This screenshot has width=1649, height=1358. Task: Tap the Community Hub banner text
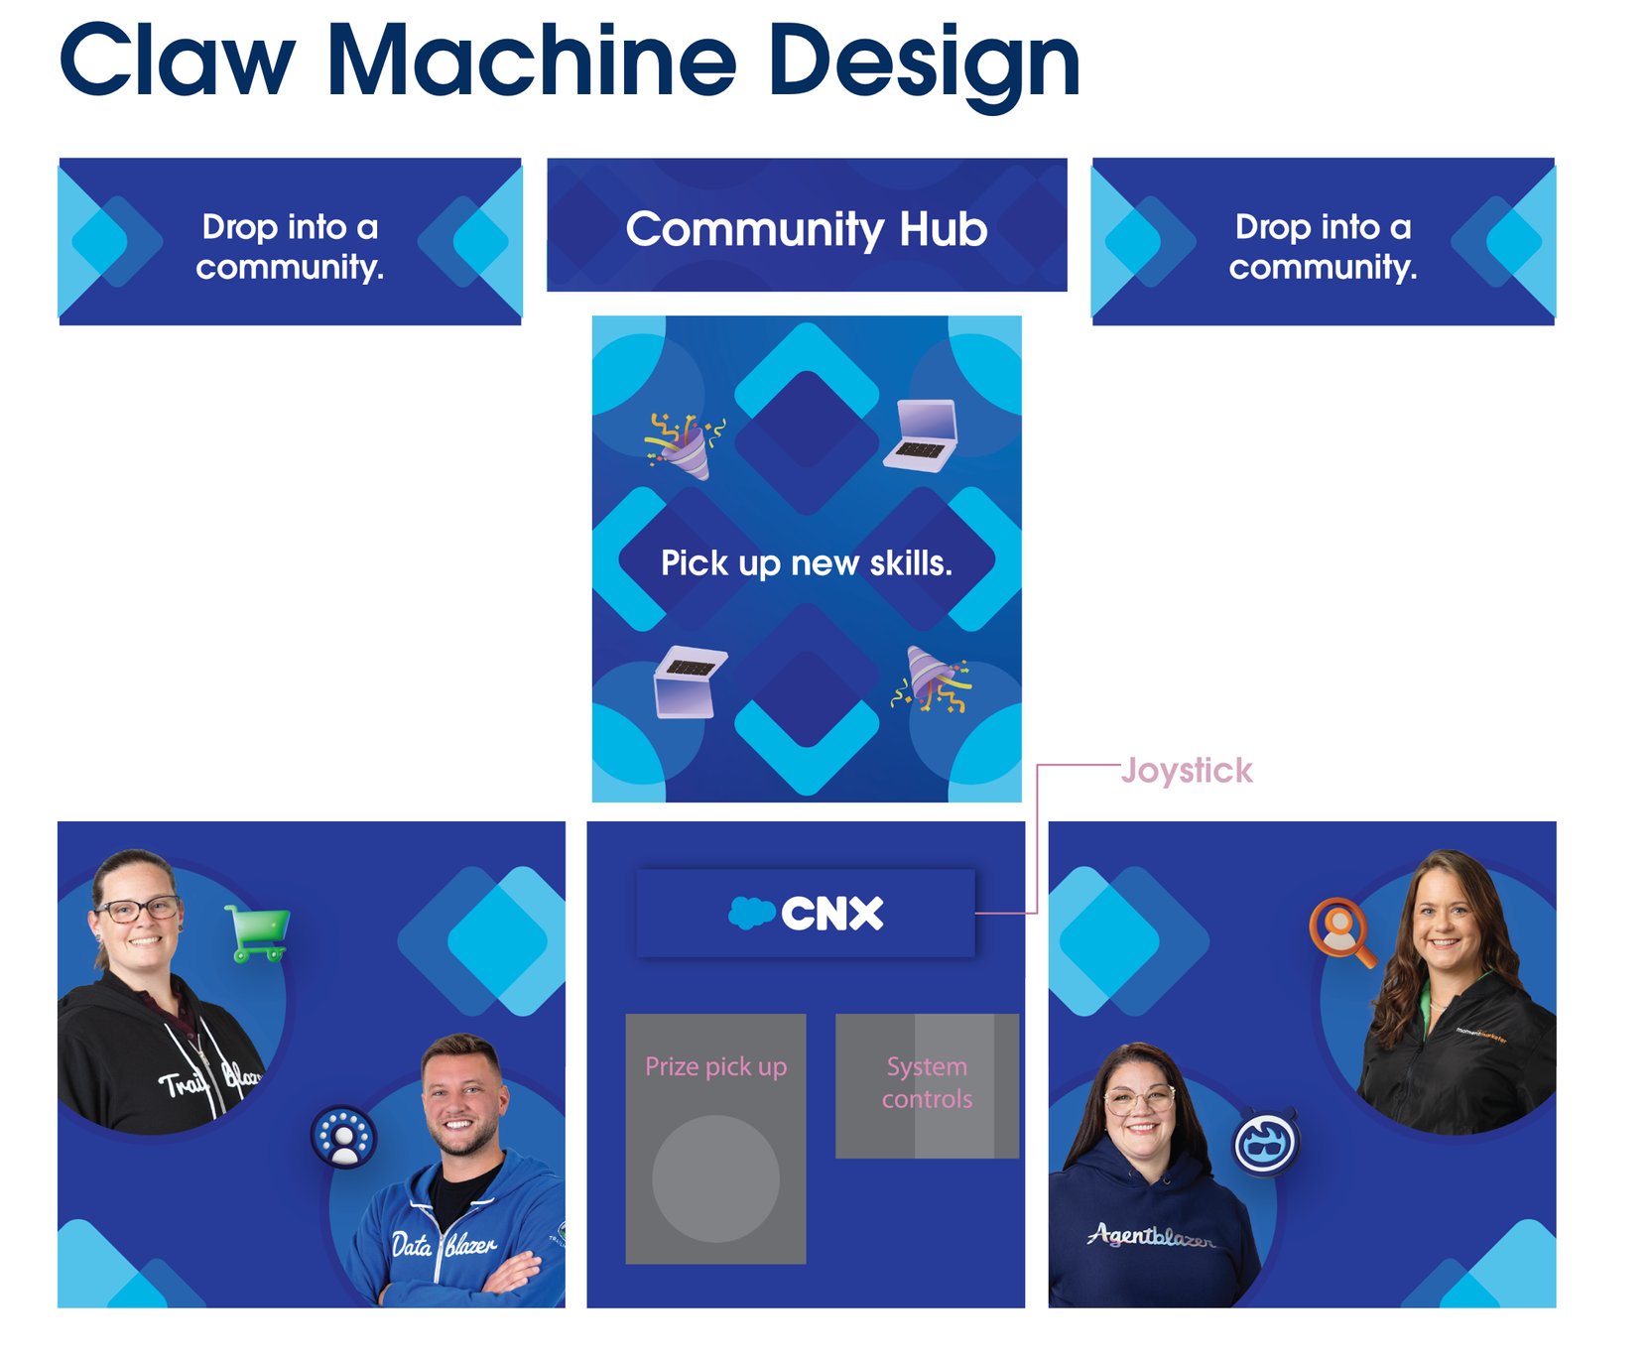[807, 229]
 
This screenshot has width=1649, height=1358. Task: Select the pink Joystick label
[1187, 771]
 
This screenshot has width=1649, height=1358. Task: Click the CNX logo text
[831, 914]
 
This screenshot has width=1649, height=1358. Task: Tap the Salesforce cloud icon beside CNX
[752, 913]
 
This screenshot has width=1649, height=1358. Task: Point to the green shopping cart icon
[259, 932]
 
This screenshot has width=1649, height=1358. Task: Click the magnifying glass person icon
[1342, 930]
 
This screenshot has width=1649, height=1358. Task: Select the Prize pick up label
[715, 1066]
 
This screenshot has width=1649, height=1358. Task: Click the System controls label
[927, 1082]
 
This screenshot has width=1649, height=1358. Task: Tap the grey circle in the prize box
[715, 1178]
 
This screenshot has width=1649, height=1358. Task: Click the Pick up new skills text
[807, 563]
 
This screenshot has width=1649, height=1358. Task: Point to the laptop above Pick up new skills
[923, 434]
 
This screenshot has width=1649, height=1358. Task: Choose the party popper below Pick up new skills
[932, 679]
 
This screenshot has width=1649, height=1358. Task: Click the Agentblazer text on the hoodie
[1151, 1236]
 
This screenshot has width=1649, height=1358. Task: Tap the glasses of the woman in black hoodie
[138, 909]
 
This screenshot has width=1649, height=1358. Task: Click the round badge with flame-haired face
[1266, 1143]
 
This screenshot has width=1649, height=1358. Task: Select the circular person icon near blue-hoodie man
[343, 1137]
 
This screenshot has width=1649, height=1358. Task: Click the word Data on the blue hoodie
[412, 1244]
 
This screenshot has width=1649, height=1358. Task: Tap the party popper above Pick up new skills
[685, 445]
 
